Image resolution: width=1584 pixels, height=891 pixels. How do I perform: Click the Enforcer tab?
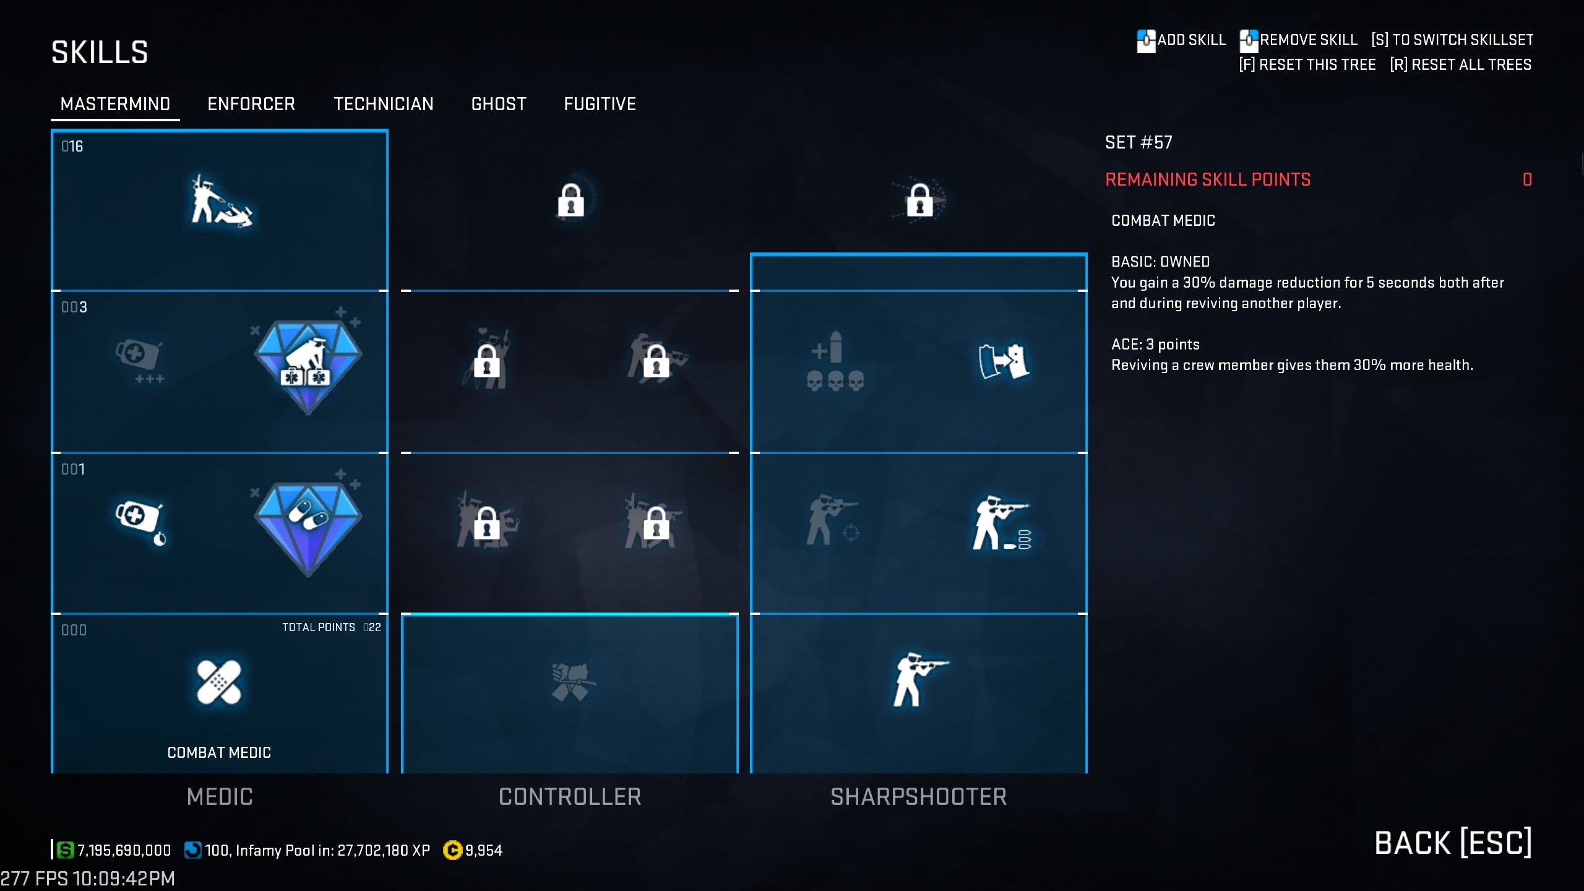coord(251,104)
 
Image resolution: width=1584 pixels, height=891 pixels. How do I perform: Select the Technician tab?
coord(383,104)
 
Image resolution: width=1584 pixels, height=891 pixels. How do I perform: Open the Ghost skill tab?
coord(499,104)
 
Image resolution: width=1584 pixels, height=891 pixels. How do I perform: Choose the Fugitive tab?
coord(600,104)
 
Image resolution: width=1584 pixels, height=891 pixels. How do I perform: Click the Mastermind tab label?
coord(115,104)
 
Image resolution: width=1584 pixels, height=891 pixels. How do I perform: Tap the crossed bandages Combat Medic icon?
coord(218,682)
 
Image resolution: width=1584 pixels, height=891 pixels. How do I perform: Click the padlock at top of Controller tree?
coord(570,200)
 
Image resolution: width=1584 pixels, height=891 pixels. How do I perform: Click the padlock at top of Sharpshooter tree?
coord(919,200)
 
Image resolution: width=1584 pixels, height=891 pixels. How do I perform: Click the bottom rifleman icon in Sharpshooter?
coord(918,679)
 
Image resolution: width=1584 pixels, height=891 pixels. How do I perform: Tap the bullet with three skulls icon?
coord(835,361)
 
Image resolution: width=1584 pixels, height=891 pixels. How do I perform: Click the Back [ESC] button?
coord(1453,843)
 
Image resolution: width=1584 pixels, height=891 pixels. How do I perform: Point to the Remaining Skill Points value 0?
coord(1527,179)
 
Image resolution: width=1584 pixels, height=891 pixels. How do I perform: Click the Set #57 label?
coord(1138,142)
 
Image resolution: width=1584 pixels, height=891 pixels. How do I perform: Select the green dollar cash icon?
coord(65,850)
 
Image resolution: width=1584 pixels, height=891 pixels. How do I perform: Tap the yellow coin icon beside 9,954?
coord(452,850)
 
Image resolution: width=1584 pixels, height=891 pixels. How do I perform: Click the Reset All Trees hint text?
coord(1460,65)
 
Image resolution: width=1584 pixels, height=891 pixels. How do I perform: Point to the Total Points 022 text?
coord(332,627)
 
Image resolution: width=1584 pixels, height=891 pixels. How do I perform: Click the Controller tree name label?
coord(570,797)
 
